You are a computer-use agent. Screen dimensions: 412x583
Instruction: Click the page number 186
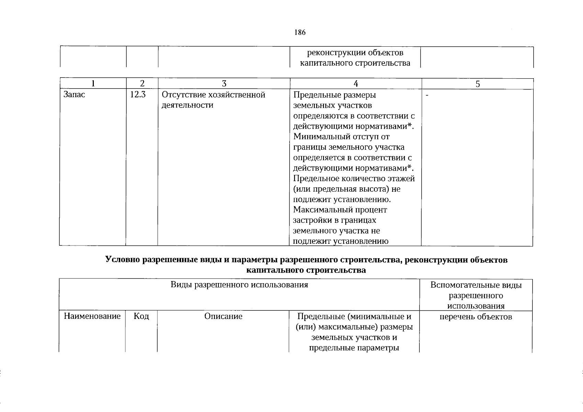pos(300,33)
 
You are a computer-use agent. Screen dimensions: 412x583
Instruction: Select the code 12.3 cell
pos(138,95)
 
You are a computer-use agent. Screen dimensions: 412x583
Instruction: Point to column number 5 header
pos(478,84)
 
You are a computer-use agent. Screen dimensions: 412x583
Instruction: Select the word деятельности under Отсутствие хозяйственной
pos(187,105)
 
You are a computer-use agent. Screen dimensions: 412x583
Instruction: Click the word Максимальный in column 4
pos(321,210)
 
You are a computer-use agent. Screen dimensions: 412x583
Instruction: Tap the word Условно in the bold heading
pos(123,260)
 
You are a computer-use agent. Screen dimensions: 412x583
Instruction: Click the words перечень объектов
pos(476,317)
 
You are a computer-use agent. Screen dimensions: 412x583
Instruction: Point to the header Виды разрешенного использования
pos(239,285)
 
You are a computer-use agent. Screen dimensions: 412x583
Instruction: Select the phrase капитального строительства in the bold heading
pos(306,270)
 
